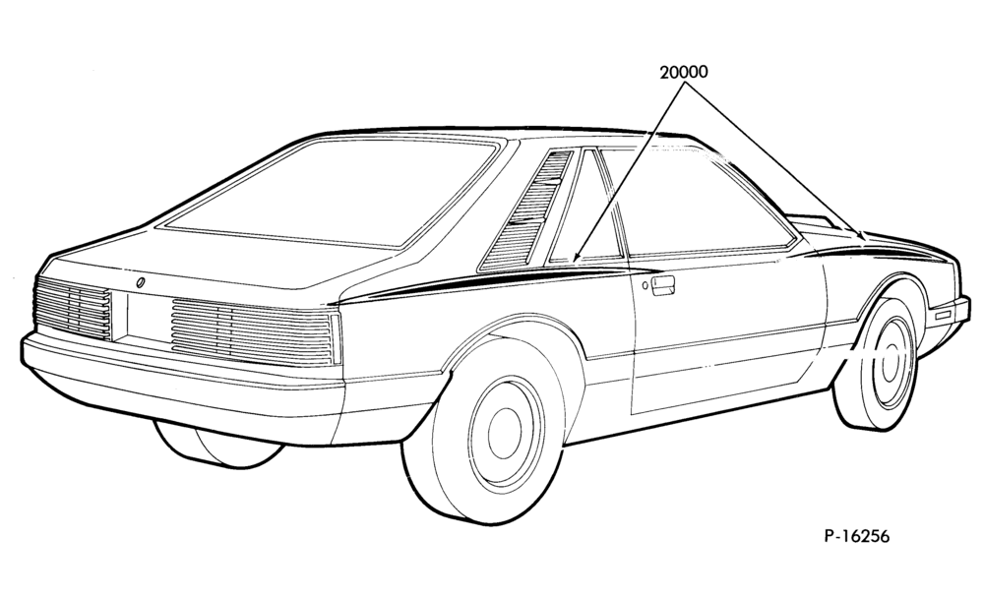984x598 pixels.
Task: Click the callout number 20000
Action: pyautogui.click(x=684, y=72)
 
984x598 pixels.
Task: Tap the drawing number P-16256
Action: pyautogui.click(x=857, y=536)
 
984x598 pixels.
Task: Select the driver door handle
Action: pyautogui.click(x=662, y=284)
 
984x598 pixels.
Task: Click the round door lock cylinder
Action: pyautogui.click(x=645, y=286)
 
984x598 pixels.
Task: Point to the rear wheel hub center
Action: pyautogui.click(x=504, y=433)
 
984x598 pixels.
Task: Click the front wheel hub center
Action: pyautogui.click(x=890, y=363)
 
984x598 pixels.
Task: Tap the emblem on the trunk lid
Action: pyautogui.click(x=140, y=282)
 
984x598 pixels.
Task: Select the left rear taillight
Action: pyautogui.click(x=73, y=309)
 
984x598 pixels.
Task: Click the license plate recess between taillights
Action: pyautogui.click(x=149, y=317)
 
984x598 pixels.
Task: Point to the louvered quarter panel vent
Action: pyautogui.click(x=526, y=210)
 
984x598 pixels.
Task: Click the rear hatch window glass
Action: pyautogui.click(x=334, y=192)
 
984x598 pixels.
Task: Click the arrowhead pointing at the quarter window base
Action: pyautogui.click(x=577, y=256)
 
